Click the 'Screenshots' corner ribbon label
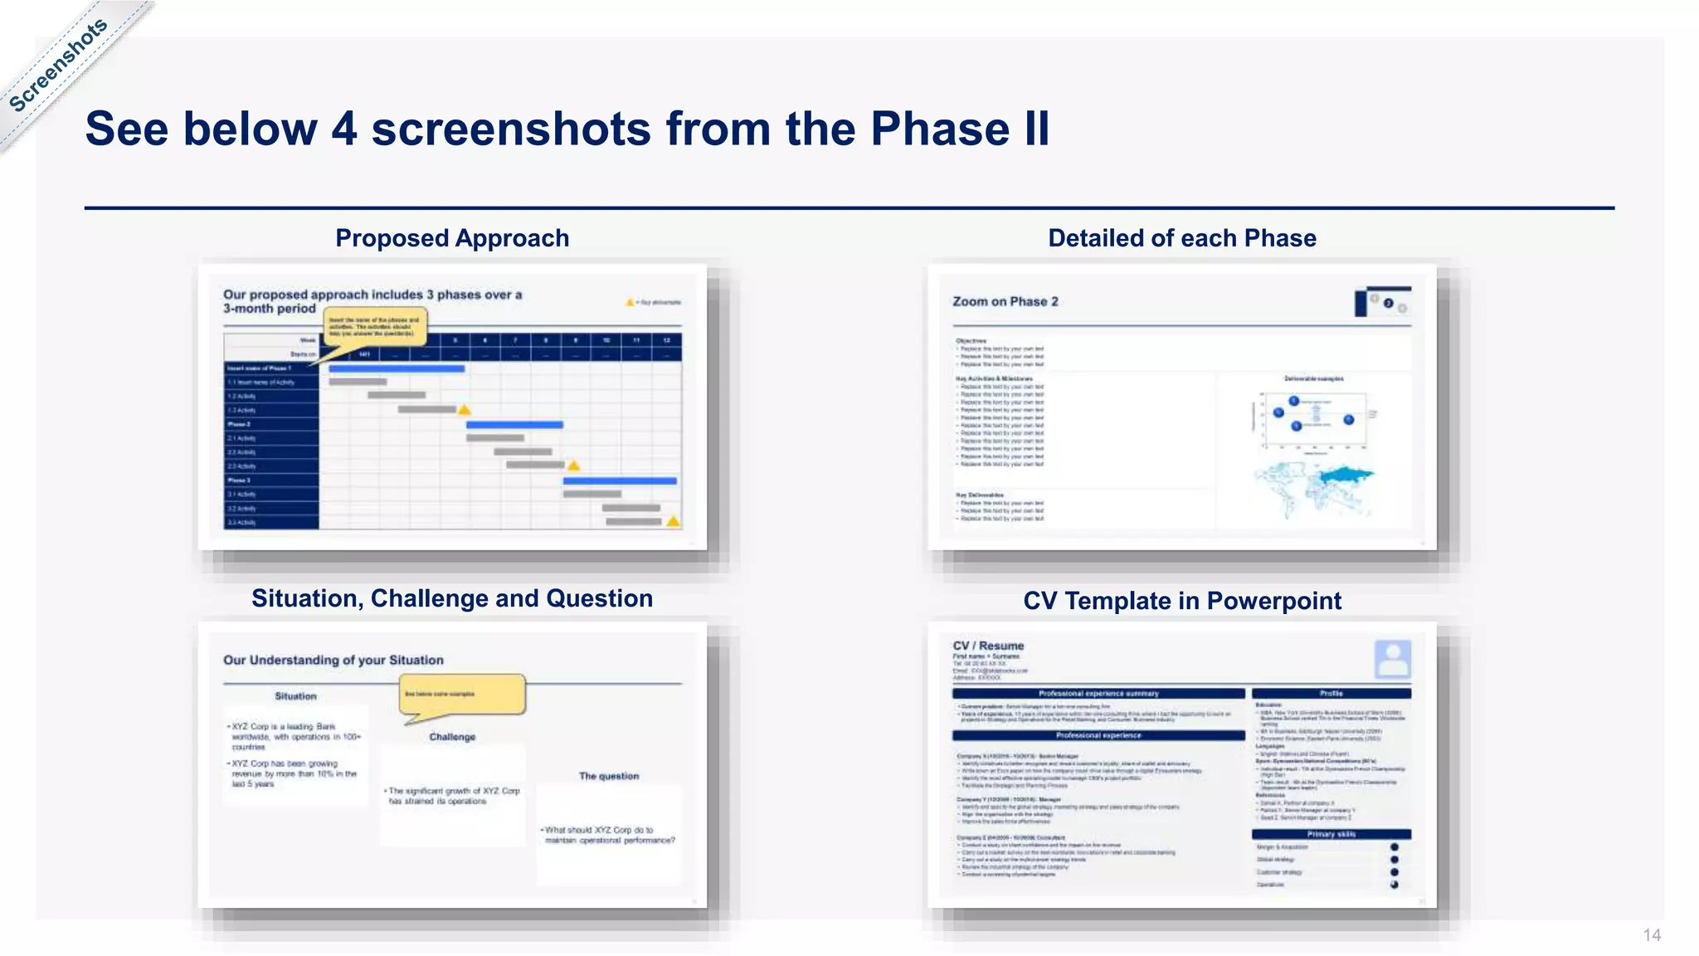(58, 66)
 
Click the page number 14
(1651, 935)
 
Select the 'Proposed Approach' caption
(452, 238)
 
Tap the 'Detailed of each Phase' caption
(1181, 238)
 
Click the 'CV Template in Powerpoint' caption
(1181, 601)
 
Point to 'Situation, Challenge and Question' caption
(452, 598)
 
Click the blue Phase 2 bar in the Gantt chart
(514, 425)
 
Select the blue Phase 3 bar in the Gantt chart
(620, 480)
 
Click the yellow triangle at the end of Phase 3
(673, 522)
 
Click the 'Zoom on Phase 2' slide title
(1005, 302)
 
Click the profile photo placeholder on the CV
(1392, 660)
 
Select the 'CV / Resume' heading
(988, 646)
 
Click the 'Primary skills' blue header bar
(1331, 834)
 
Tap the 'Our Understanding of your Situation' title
(333, 661)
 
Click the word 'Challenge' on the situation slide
(452, 737)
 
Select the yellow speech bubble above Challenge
(462, 694)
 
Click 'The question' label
(608, 776)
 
